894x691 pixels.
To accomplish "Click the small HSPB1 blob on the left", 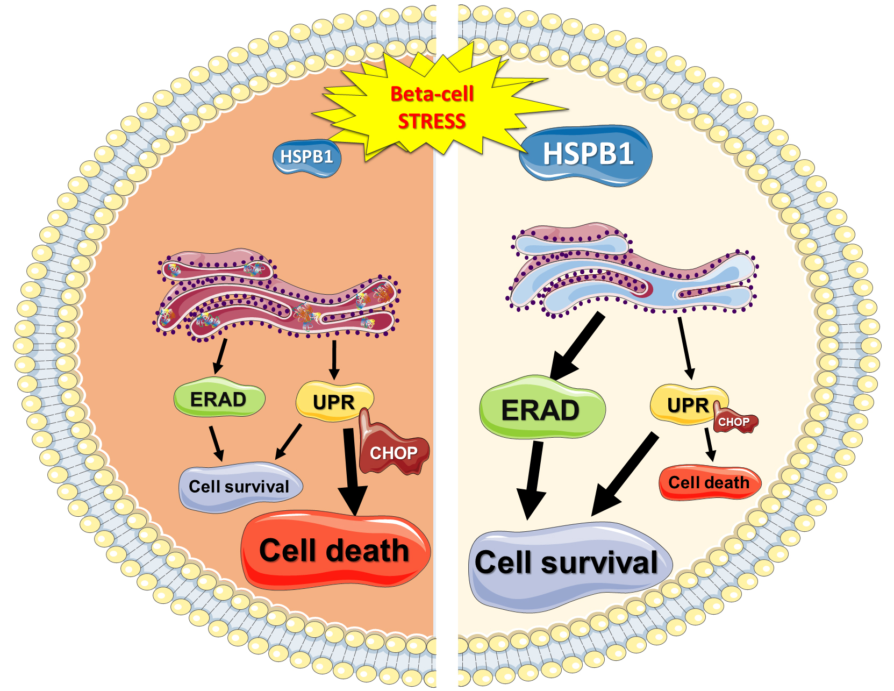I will click(307, 157).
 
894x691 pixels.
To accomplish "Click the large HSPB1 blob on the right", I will click(587, 154).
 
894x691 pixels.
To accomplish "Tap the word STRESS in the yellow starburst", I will click(432, 122).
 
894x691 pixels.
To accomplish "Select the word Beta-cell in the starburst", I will click(432, 94).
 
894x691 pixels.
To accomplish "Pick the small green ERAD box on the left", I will click(219, 400).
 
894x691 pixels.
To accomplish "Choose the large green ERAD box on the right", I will click(541, 410).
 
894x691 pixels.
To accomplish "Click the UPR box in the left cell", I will click(333, 402).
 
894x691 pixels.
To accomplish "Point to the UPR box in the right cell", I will click(686, 405).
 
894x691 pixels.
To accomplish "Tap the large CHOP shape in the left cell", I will click(394, 452).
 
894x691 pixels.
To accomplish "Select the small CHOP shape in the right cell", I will click(734, 422).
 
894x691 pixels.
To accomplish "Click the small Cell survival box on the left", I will click(239, 487).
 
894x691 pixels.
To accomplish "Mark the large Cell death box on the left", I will click(334, 551).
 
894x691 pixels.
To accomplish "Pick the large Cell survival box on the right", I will click(567, 564).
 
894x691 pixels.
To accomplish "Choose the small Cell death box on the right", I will click(709, 482).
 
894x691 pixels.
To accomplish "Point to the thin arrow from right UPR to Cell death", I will click(710, 444).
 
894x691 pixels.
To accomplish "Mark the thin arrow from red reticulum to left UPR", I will click(334, 359).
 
